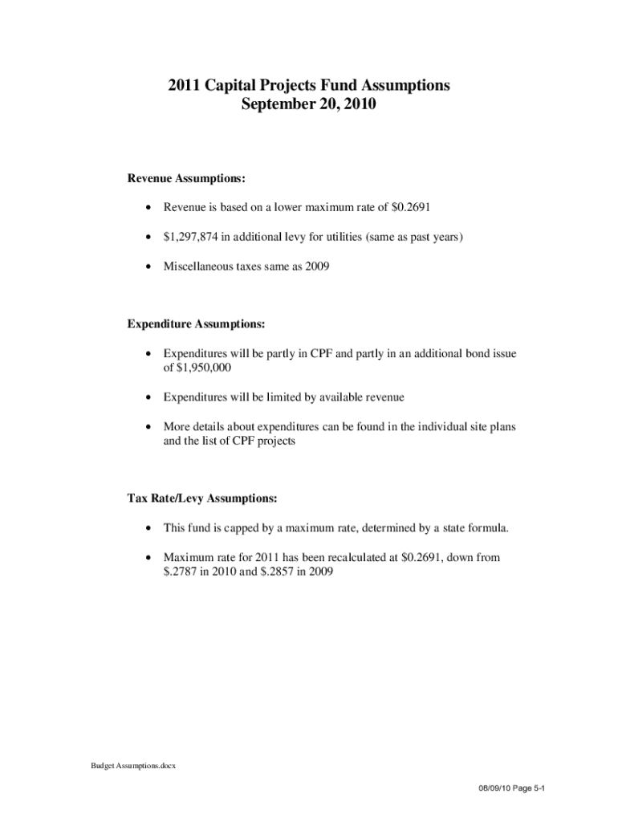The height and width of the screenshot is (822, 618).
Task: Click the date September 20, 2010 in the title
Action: click(x=308, y=104)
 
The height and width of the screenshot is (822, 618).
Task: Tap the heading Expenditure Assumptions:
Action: click(x=196, y=324)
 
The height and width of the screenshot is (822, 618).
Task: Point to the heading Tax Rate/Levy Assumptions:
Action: click(x=202, y=498)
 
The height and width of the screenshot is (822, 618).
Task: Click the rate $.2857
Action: click(x=267, y=572)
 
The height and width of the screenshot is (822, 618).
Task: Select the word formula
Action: click(x=489, y=528)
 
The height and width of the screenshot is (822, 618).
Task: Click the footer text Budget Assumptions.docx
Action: click(x=132, y=766)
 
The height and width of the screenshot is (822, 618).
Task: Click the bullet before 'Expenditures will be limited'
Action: click(x=148, y=397)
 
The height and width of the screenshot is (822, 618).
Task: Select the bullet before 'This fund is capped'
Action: click(x=148, y=528)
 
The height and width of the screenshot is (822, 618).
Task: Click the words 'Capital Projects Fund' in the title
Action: click(x=279, y=85)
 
